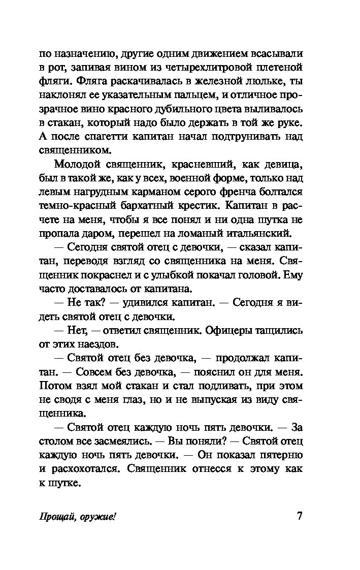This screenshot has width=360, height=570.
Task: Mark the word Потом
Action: [x=55, y=386]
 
